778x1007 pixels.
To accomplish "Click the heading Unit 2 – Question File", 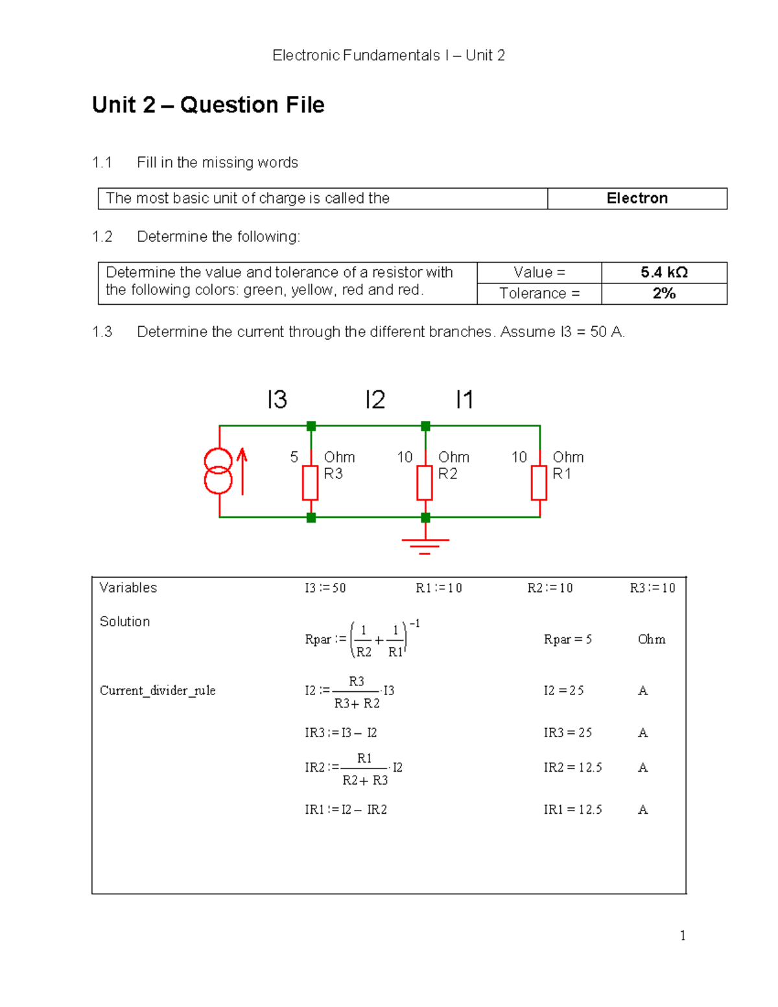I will tap(208, 105).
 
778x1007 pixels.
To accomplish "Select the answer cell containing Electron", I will tap(637, 198).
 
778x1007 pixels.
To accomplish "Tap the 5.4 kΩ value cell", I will tap(664, 272).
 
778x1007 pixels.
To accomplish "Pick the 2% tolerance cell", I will tap(664, 294).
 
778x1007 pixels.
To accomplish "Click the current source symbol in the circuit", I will tap(218, 471).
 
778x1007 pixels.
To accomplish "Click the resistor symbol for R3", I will tap(311, 482).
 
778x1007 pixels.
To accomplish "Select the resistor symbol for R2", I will tap(425, 482).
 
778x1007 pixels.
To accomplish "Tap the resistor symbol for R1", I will tap(539, 482).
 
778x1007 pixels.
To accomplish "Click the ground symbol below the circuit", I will tap(425, 545).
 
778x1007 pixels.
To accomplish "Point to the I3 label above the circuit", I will tap(277, 399).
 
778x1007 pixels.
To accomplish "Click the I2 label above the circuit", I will tap(375, 399).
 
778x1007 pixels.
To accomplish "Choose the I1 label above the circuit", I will tap(464, 399).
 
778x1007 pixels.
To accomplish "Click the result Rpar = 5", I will tap(567, 639).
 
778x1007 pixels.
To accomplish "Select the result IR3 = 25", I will tap(567, 733).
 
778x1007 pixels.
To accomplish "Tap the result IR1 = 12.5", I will tap(572, 809).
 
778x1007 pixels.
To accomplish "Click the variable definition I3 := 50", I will tap(325, 588).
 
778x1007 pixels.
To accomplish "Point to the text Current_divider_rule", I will tap(158, 691).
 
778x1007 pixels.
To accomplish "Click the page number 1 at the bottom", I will tap(682, 935).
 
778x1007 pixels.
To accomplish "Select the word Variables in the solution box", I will tap(128, 587).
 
